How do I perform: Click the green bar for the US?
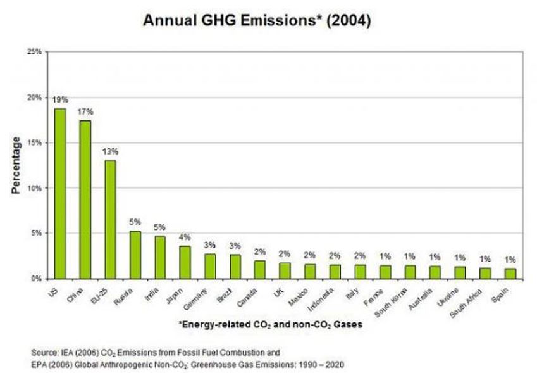tap(60, 193)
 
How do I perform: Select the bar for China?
tap(85, 199)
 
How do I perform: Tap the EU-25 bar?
tap(110, 219)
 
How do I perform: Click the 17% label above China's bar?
tap(85, 111)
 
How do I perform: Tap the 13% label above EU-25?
tap(111, 151)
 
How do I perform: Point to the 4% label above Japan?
tap(185, 237)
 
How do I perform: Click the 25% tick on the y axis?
tap(35, 53)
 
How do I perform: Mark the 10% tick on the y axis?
tap(35, 188)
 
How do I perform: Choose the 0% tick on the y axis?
tap(37, 278)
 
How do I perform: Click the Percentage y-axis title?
tap(16, 165)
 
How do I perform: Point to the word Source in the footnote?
tap(42, 351)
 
